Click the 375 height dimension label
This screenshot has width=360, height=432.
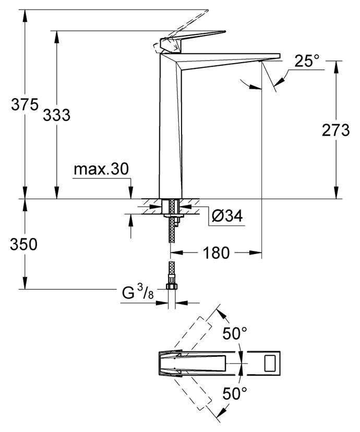[x=25, y=105]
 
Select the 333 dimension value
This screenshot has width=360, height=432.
[x=56, y=115]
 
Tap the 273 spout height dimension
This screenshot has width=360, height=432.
[x=335, y=130]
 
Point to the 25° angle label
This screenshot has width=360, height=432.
[x=307, y=61]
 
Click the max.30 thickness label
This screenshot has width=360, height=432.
[x=100, y=169]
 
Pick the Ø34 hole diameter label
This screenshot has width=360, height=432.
[x=227, y=215]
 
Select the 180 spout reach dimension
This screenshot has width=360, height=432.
[x=216, y=253]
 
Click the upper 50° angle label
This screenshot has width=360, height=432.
[x=235, y=332]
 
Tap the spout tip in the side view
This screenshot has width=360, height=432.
[x=271, y=57]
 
